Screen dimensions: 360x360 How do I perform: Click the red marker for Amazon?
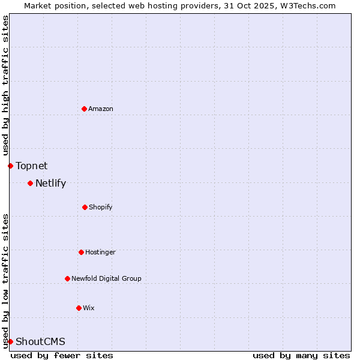85,109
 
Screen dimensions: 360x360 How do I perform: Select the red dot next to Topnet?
10,166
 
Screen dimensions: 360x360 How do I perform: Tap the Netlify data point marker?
30,183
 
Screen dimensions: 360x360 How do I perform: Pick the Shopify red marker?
85,207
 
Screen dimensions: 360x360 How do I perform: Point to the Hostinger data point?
81,252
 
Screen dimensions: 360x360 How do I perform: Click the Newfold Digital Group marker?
67,278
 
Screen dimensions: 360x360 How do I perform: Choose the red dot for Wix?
79,308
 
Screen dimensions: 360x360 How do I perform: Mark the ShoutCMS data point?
10,341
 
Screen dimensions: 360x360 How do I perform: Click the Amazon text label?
101,109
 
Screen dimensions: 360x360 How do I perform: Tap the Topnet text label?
31,166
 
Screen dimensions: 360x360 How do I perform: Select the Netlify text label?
50,183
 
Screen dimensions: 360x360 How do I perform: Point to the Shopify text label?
101,207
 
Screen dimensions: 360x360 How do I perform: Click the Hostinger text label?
100,252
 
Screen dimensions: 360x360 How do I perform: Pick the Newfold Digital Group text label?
106,278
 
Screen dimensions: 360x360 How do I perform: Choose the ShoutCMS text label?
40,341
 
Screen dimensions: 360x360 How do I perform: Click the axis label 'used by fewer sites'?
62,355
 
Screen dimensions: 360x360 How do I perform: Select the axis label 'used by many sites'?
301,355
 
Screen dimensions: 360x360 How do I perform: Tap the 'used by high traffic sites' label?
5,85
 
